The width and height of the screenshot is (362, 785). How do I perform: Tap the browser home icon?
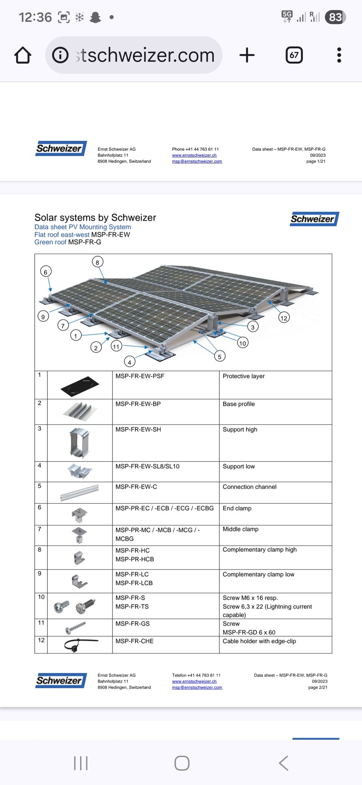23,55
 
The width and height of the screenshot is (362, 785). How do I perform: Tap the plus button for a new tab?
247,55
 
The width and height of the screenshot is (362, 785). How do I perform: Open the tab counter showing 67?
294,55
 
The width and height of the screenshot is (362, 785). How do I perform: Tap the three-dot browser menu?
339,55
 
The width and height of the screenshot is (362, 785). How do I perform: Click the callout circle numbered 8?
97,262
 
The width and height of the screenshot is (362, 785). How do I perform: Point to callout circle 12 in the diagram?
284,318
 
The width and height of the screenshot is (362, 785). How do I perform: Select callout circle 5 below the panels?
219,357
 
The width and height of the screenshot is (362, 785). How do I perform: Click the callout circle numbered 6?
46,272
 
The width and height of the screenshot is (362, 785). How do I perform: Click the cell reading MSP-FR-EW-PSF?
140,376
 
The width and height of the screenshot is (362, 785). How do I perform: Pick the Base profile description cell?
239,404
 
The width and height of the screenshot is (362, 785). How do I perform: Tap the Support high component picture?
80,443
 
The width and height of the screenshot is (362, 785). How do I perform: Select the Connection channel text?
249,487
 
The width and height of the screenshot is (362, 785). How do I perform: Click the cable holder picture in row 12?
80,644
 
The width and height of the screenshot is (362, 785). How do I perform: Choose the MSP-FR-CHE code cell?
135,641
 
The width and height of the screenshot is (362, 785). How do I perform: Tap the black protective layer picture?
80,386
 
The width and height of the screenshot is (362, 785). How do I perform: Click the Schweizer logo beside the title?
314,219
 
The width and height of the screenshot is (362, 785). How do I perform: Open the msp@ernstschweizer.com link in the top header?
197,162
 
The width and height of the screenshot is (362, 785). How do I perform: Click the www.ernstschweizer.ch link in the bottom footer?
194,681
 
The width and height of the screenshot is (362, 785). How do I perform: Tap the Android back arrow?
284,763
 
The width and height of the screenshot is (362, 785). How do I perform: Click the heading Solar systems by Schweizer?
95,218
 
